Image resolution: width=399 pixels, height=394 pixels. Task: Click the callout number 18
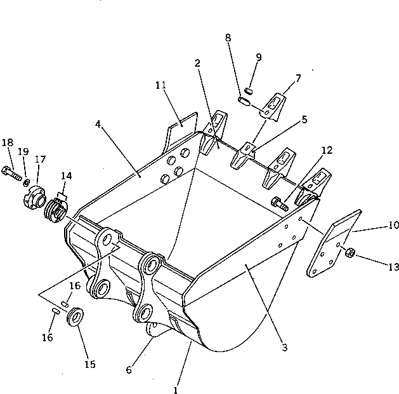point(7,142)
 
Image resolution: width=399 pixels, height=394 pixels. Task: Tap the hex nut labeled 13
point(350,255)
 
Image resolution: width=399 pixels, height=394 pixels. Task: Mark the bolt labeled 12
point(278,203)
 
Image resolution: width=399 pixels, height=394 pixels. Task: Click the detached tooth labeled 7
point(275,105)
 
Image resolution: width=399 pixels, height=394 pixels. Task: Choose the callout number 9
point(259,57)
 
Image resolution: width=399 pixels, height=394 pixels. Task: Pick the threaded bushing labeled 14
point(53,209)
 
